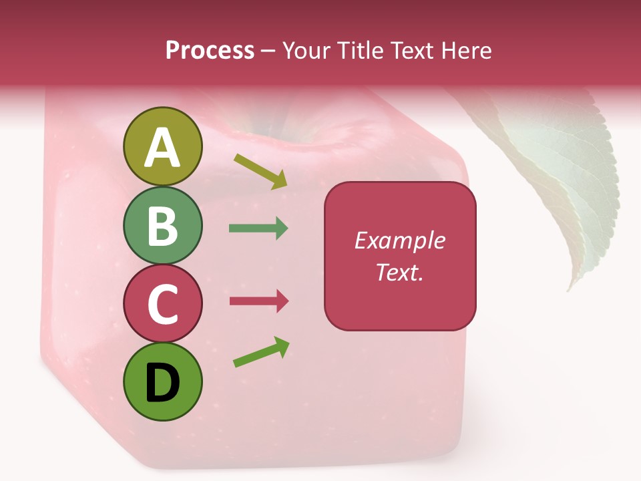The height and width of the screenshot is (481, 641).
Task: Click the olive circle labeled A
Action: coord(162,147)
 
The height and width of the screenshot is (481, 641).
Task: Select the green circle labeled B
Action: coord(162,226)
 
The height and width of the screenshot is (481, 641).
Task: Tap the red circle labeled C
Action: coord(162,304)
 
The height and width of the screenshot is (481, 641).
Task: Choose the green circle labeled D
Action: coord(162,382)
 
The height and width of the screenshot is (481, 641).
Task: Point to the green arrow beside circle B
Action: coord(258,228)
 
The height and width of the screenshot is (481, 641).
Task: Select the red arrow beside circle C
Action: coord(259,301)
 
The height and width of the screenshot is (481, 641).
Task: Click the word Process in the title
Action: coord(210,51)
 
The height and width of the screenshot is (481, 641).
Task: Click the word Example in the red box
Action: coord(399,240)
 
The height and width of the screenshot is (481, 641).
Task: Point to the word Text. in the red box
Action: coord(399,272)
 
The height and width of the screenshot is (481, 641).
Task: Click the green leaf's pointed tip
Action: coord(570,289)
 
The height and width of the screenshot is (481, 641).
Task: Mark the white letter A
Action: coord(162,148)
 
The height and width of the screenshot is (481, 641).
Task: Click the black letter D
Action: coord(162,383)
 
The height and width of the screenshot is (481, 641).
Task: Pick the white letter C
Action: coord(162,305)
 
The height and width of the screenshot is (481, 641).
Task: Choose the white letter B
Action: coord(162,226)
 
